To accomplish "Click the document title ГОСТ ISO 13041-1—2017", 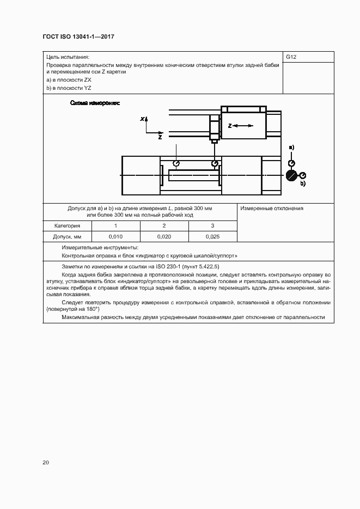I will (x=78, y=37).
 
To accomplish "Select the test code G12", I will (x=291, y=57).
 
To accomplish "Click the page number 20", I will (x=46, y=463).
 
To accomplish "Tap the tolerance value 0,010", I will (x=115, y=236).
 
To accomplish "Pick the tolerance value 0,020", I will (x=164, y=236).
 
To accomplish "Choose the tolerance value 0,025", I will (x=213, y=236).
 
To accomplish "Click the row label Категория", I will (x=68, y=225).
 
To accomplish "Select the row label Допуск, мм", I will (x=68, y=236).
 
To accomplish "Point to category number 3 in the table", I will (x=213, y=225).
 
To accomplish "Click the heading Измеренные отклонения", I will (x=272, y=208).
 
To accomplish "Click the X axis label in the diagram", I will (x=142, y=119).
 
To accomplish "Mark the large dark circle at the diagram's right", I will (x=291, y=175).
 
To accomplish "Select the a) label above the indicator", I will (x=291, y=148).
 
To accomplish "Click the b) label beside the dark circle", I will (x=303, y=184).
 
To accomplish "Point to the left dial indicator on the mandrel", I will (x=176, y=163).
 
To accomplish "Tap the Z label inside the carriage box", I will (x=230, y=126).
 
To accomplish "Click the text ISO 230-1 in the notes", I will (x=168, y=267).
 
